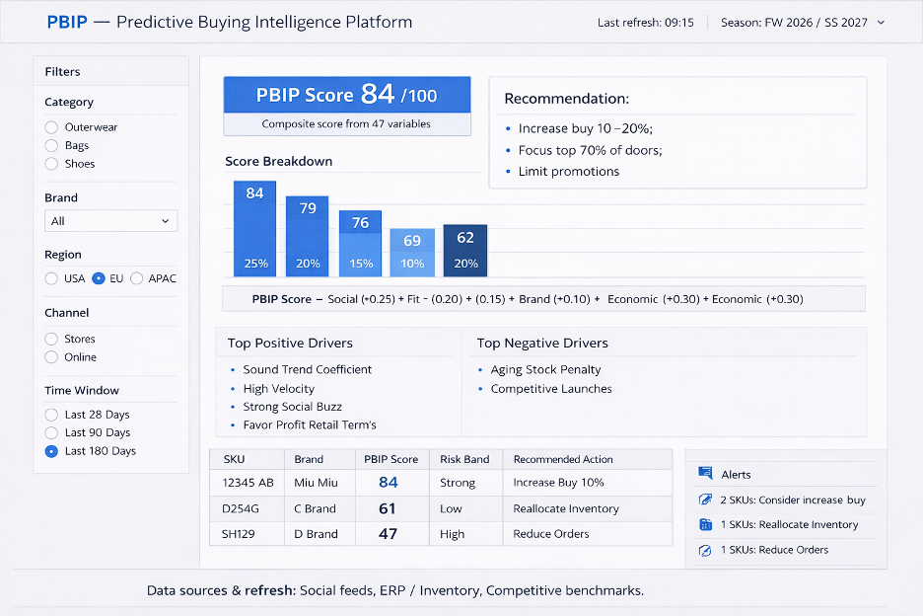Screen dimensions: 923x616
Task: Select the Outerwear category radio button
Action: (x=52, y=127)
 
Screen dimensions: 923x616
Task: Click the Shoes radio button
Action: (x=52, y=164)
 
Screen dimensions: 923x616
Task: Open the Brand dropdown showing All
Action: (x=110, y=221)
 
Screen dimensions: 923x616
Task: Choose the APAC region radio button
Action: (x=136, y=278)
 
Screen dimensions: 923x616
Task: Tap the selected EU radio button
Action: (x=99, y=278)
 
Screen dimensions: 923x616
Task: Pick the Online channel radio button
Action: (x=52, y=357)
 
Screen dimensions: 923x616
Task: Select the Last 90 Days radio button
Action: (x=52, y=432)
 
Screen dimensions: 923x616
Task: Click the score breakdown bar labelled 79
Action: (x=308, y=236)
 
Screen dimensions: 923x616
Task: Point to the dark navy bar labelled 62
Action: (x=465, y=251)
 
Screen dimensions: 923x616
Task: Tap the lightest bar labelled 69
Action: (x=412, y=253)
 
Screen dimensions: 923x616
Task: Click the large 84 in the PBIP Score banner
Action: (x=378, y=94)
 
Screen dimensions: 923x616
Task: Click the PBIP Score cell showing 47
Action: (x=388, y=534)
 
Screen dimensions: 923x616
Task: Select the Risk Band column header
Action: (x=464, y=459)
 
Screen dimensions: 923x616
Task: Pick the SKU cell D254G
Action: (x=241, y=508)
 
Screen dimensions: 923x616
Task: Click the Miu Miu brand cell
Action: (x=317, y=483)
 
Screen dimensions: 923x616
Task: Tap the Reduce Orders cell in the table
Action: (x=551, y=534)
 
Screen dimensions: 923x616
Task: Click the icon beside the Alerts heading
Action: (x=705, y=473)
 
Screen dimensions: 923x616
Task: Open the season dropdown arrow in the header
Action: (x=882, y=23)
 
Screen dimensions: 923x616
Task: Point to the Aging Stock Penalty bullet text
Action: (x=545, y=369)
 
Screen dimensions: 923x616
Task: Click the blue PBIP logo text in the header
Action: (x=67, y=22)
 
